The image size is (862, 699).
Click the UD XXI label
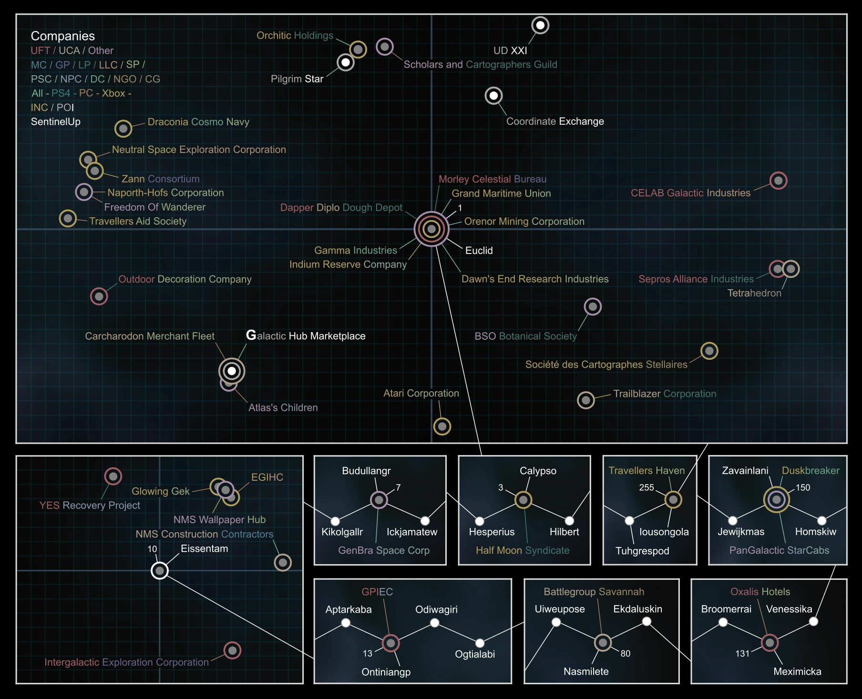coord(510,51)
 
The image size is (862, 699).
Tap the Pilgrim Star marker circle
coord(345,62)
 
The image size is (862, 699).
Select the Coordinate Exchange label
coord(554,122)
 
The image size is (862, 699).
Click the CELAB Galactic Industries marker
coord(778,181)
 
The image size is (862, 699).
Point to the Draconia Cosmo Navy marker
coord(123,128)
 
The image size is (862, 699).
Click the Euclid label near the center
coord(479,251)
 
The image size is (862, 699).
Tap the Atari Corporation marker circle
coord(442,426)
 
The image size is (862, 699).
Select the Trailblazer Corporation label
coord(664,394)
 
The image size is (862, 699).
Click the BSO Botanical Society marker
coord(593,307)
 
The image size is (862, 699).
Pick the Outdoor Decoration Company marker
coord(99,296)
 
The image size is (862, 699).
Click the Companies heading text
coord(62,36)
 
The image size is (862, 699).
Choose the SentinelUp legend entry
coord(55,122)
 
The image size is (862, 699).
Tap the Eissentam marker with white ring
coord(160,570)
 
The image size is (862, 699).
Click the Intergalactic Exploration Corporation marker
coord(232,650)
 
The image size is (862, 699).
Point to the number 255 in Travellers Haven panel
coord(646,487)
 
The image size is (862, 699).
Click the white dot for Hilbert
coord(569,520)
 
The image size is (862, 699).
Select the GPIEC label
coord(377,592)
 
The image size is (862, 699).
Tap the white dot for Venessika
coord(813,621)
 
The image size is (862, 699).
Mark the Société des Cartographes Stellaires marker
coord(709,351)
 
